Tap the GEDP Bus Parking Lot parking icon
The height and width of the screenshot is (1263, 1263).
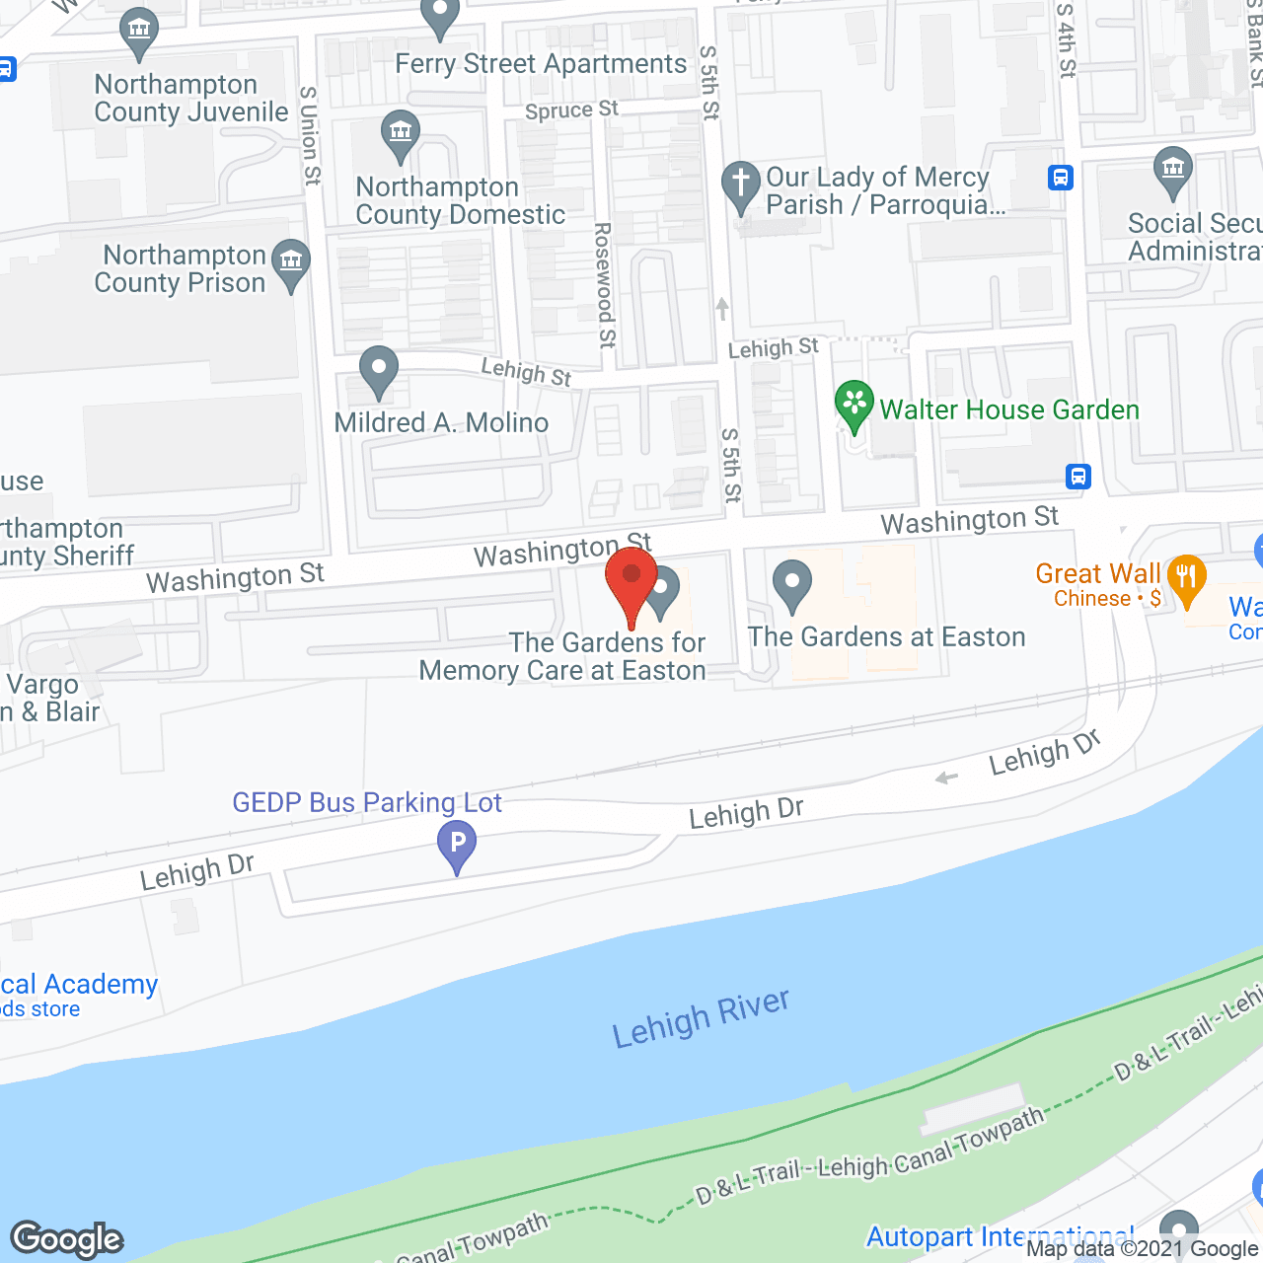457,847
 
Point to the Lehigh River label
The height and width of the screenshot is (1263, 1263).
701,1018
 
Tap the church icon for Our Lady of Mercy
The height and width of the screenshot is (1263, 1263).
740,186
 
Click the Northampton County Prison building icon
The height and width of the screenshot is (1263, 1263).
291,263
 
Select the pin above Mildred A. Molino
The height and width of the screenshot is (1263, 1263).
378,372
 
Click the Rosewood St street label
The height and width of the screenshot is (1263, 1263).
604,284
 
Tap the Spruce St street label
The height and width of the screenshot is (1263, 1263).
571,110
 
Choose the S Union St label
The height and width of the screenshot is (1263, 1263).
310,135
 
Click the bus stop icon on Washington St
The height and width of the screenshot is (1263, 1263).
1078,477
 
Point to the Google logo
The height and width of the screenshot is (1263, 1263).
67,1238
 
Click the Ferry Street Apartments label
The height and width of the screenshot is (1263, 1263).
541,64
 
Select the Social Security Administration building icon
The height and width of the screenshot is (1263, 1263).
1172,172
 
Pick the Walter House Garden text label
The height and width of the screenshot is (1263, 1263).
1008,409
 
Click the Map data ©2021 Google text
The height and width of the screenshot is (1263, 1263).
1142,1249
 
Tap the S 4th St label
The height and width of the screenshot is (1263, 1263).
1066,39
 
